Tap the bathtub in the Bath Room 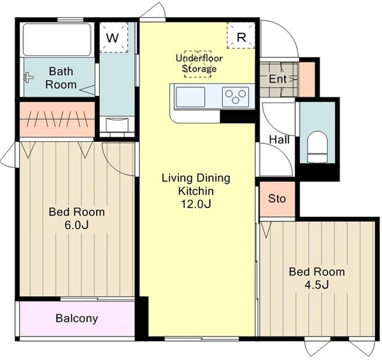click(x=57, y=39)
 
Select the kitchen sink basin click(x=190, y=97)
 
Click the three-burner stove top click(x=236, y=97)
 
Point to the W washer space click(x=114, y=38)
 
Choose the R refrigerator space click(x=241, y=35)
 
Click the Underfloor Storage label click(x=199, y=64)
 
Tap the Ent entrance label click(x=278, y=79)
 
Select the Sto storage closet click(x=277, y=199)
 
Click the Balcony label click(x=77, y=318)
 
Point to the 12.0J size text click(x=195, y=204)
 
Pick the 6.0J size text click(x=76, y=225)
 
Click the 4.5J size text click(x=316, y=284)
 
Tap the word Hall click(x=279, y=140)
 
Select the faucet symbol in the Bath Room click(x=29, y=78)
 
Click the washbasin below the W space click(x=117, y=125)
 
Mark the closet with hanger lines click(x=57, y=119)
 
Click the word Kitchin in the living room click(x=196, y=191)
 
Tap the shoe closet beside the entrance click(x=306, y=80)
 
